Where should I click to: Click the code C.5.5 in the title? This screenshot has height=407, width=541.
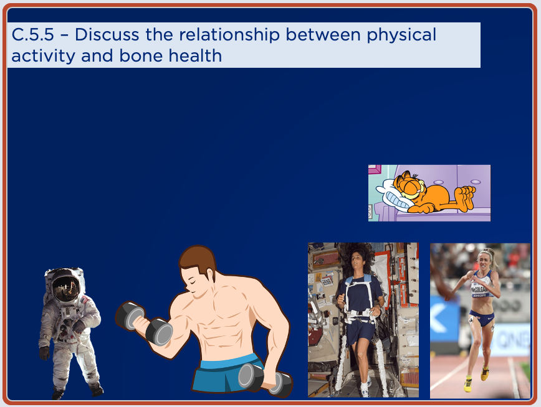(x=33, y=34)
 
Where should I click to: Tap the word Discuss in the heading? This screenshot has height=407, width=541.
(x=107, y=34)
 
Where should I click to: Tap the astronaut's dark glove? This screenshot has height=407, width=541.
(x=44, y=353)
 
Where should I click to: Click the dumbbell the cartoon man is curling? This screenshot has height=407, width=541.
(x=144, y=323)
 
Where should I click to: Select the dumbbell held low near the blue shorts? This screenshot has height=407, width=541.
(x=266, y=379)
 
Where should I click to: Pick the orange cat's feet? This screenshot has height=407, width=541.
(x=465, y=197)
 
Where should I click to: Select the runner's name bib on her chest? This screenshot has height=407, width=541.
(x=480, y=289)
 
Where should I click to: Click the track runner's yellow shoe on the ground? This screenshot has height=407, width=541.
(x=468, y=384)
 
